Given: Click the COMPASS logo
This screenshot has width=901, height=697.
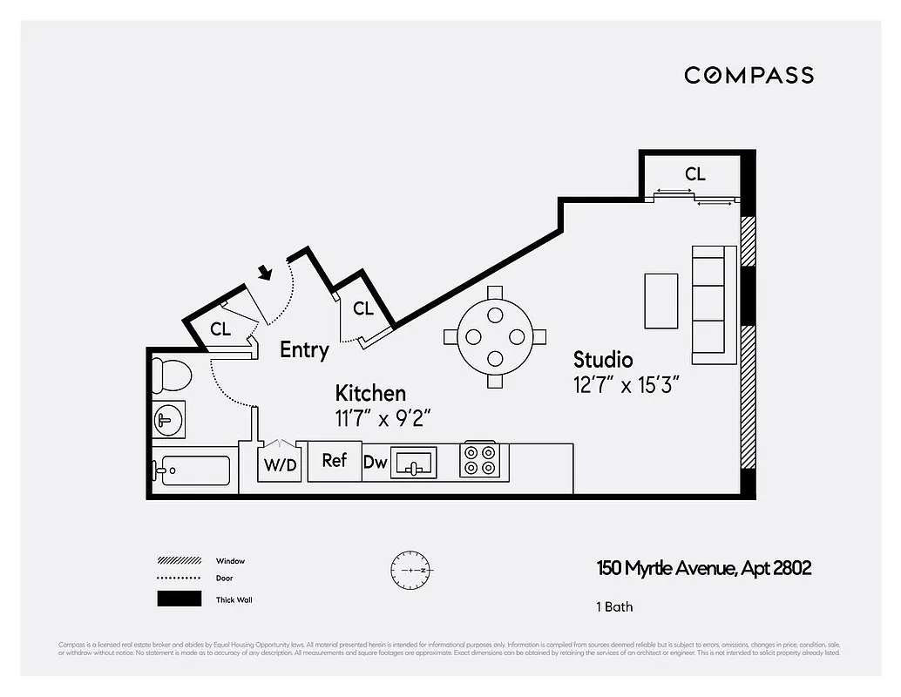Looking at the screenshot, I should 749,75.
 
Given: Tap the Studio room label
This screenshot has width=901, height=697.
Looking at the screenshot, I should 603,359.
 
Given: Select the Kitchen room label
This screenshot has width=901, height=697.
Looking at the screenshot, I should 370,394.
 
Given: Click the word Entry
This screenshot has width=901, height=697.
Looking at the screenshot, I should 304,350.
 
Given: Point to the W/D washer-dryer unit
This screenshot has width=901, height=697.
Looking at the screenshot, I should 280,464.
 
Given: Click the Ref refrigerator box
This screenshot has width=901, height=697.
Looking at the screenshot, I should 335,460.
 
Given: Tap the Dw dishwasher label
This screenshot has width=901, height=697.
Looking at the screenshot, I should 375,463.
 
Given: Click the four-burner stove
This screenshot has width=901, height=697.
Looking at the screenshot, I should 479,461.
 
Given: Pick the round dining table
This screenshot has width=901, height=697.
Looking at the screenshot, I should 495,336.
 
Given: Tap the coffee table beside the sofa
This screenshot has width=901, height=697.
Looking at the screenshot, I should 661,301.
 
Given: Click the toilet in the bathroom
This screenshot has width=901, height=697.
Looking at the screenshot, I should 172,376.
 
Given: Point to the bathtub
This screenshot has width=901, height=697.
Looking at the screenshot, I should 193,471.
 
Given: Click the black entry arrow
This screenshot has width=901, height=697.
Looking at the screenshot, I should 265,273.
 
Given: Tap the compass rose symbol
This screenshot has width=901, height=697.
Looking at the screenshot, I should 411,570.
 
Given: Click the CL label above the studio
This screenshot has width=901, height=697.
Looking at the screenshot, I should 694,174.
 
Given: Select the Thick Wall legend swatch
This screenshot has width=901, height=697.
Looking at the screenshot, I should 179,599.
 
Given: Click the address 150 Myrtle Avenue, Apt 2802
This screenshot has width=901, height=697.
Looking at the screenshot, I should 703,569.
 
